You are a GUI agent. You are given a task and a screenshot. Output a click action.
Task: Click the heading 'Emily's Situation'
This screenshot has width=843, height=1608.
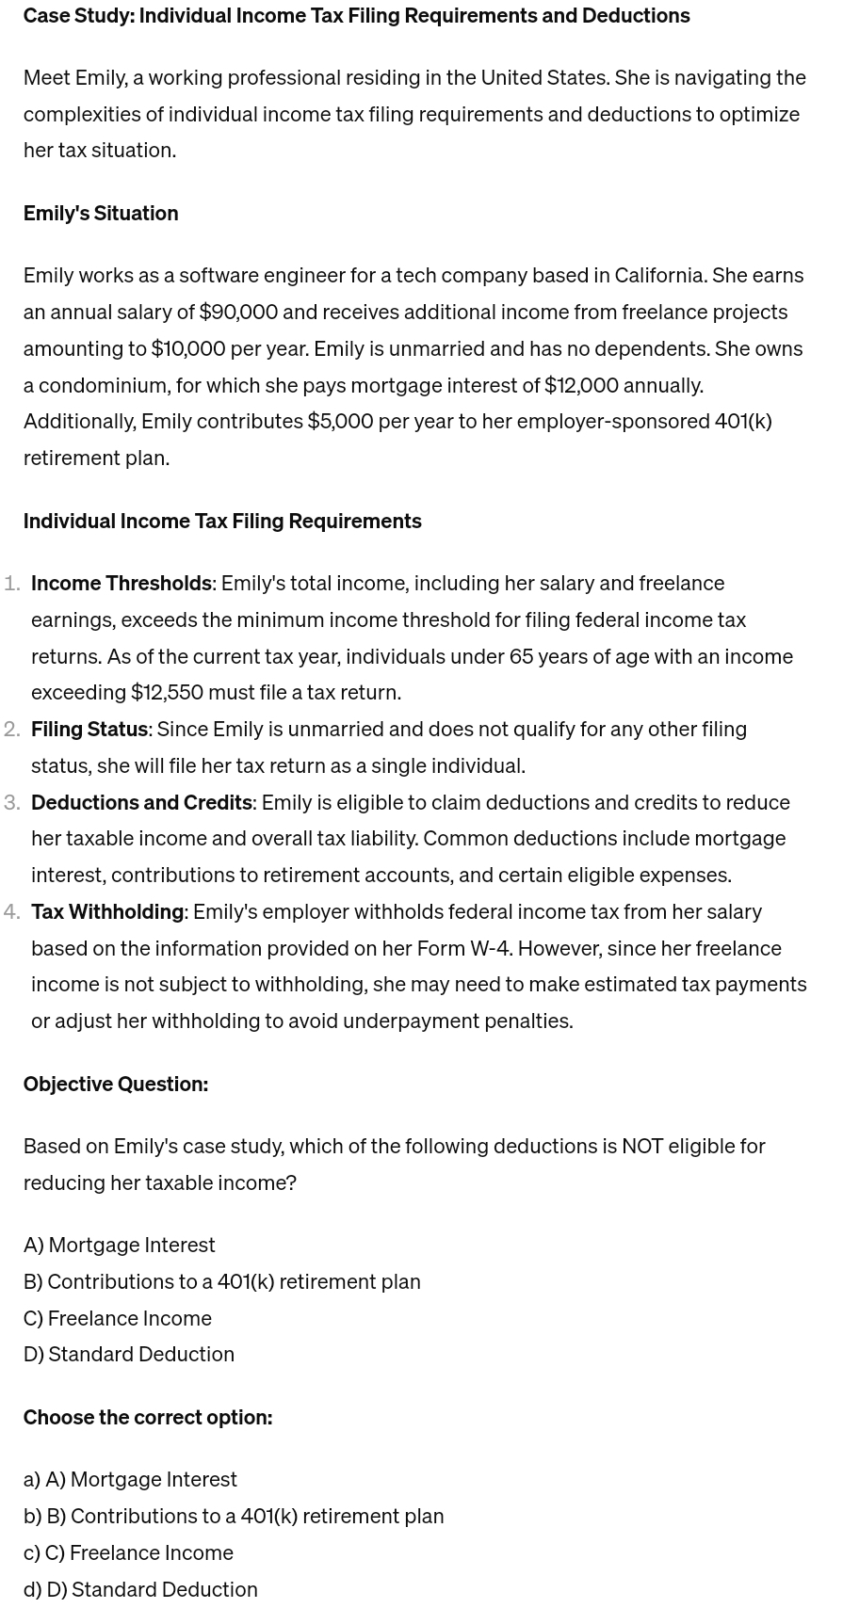[x=101, y=213]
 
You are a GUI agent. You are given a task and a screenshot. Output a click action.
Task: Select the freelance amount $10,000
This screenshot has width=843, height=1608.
[x=188, y=348]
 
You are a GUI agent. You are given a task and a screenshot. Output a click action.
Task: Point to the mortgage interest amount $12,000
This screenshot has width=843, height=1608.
[x=581, y=385]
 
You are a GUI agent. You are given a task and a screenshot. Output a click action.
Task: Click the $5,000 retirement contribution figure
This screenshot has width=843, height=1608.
[x=340, y=421]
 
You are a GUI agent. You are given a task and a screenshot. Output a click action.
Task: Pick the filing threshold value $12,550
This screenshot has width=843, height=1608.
[x=167, y=692]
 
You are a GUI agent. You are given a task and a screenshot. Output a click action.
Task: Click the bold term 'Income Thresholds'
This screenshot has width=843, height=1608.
[x=122, y=583]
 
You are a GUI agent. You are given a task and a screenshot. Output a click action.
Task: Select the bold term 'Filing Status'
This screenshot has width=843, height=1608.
[x=89, y=729]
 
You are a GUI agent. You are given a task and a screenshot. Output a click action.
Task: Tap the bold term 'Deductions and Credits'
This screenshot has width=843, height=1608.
[x=141, y=802]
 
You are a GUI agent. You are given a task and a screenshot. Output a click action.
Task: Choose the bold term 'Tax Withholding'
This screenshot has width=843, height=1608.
[x=107, y=911]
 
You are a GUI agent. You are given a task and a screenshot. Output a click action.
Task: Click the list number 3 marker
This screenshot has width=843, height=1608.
[x=12, y=802]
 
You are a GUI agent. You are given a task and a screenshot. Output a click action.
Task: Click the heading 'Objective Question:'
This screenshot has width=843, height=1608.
[x=116, y=1084]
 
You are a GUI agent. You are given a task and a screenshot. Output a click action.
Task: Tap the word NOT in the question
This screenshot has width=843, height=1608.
[x=642, y=1146]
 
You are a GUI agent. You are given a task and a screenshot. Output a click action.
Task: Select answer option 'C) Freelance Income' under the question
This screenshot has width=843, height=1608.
[x=118, y=1318]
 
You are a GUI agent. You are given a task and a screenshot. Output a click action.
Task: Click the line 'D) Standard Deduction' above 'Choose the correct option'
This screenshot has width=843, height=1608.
[x=129, y=1354]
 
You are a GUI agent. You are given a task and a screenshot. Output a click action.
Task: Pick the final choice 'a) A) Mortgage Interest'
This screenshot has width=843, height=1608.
[x=130, y=1479]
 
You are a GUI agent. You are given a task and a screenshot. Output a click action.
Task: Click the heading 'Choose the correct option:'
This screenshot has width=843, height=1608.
[x=148, y=1417]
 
